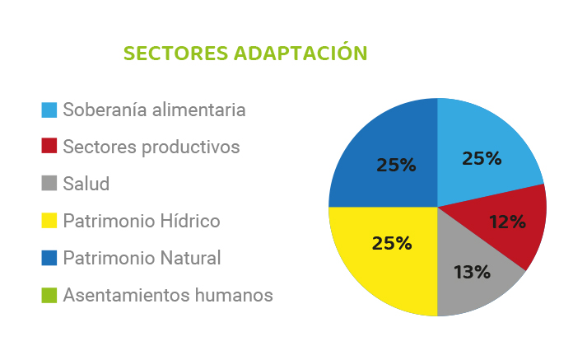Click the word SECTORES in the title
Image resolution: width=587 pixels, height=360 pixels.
pyautogui.click(x=175, y=54)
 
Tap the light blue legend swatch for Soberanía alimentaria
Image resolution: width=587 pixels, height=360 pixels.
pyautogui.click(x=49, y=110)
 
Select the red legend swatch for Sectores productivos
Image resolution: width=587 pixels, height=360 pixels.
pyautogui.click(x=49, y=146)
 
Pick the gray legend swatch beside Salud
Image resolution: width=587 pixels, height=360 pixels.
pyautogui.click(x=49, y=183)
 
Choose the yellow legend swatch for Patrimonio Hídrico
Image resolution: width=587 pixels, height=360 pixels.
pyautogui.click(x=49, y=220)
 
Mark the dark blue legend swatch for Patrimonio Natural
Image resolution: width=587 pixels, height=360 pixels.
pyautogui.click(x=49, y=258)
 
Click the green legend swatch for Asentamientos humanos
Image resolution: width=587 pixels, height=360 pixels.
pyautogui.click(x=49, y=295)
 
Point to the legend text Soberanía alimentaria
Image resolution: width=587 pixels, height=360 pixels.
pyautogui.click(x=154, y=110)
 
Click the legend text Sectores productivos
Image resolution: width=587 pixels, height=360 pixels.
pyautogui.click(x=151, y=147)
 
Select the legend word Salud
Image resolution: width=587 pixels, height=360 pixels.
pyautogui.click(x=86, y=184)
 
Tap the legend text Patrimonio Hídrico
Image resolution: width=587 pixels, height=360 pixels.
pyautogui.click(x=142, y=221)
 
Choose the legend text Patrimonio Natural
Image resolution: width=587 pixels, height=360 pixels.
pyautogui.click(x=142, y=258)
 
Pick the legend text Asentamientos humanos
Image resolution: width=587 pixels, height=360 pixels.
pyautogui.click(x=168, y=295)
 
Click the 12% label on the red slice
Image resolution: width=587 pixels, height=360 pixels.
pyautogui.click(x=508, y=222)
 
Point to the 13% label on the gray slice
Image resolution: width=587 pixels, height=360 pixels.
pyautogui.click(x=472, y=272)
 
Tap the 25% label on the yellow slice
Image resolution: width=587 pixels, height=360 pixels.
pyautogui.click(x=392, y=243)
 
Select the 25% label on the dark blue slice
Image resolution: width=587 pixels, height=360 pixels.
pyautogui.click(x=396, y=165)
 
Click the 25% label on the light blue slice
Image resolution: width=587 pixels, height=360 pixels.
pyautogui.click(x=482, y=158)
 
